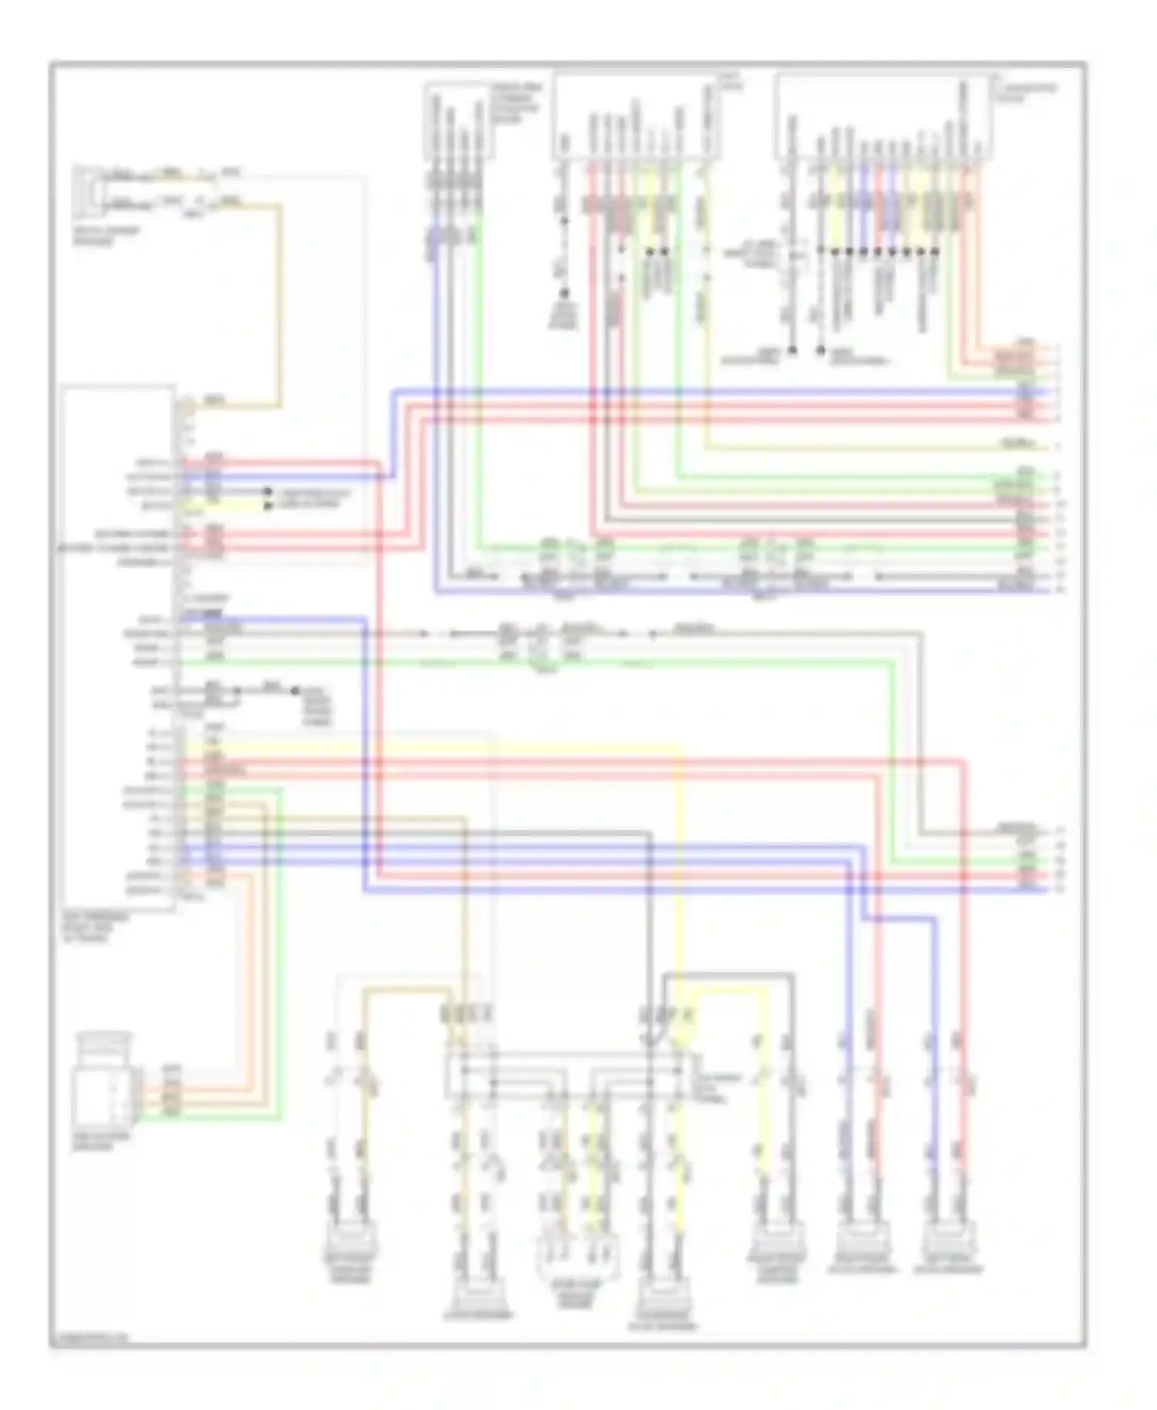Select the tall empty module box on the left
point(119,648)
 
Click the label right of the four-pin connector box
point(518,103)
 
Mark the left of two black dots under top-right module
point(792,350)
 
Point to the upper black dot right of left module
point(268,491)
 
